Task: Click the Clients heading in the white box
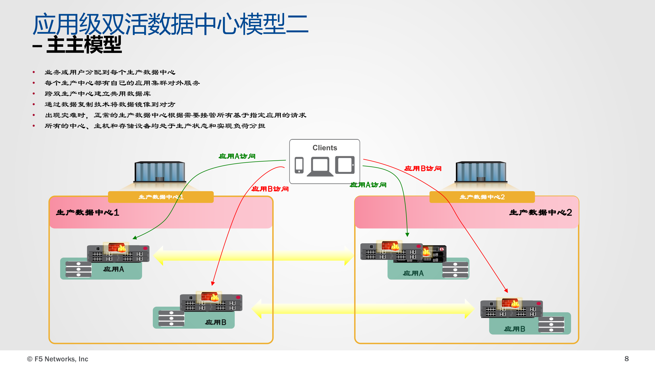(x=325, y=148)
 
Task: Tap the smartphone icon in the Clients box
(x=299, y=165)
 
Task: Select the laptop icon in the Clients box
(x=320, y=167)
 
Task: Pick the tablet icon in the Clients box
(x=345, y=165)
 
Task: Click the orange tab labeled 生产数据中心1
(x=161, y=197)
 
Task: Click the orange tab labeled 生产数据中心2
(x=482, y=197)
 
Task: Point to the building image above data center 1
(x=160, y=172)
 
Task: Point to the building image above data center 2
(x=481, y=172)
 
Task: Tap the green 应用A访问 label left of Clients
(x=237, y=156)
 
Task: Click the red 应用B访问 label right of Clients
(x=423, y=168)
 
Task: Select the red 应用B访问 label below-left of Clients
(x=270, y=189)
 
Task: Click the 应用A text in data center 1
(x=114, y=269)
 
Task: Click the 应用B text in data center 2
(x=514, y=329)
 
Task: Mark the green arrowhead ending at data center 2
(x=407, y=235)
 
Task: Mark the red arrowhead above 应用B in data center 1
(x=213, y=283)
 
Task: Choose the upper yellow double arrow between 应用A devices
(x=253, y=256)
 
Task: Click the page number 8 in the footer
(x=626, y=359)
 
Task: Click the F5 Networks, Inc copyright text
(x=58, y=359)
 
